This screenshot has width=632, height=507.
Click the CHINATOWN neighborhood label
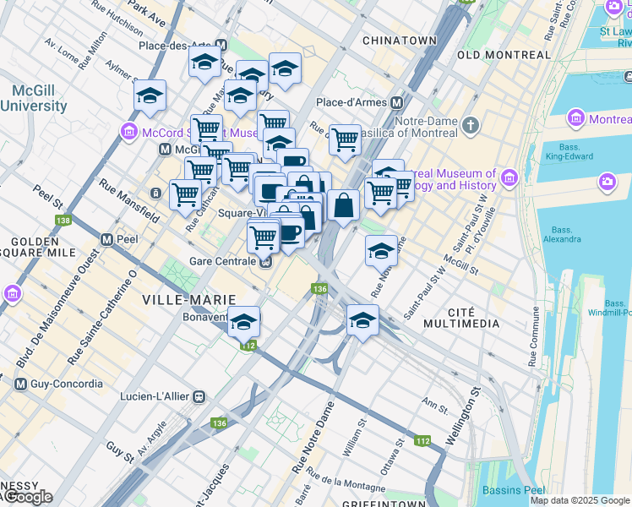point(399,41)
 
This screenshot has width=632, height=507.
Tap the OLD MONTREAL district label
point(503,55)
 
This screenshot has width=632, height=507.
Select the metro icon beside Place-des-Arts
point(221,46)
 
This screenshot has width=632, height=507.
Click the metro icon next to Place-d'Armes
point(395,102)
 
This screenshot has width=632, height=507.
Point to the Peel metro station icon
point(107,239)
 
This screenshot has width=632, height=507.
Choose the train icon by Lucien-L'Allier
point(199,395)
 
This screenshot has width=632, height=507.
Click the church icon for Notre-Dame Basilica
point(471,126)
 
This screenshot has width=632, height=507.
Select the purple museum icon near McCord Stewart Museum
point(128,132)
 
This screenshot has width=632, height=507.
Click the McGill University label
point(34,98)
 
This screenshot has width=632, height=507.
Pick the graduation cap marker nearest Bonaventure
point(244,321)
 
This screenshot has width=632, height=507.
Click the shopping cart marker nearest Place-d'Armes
point(345,139)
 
